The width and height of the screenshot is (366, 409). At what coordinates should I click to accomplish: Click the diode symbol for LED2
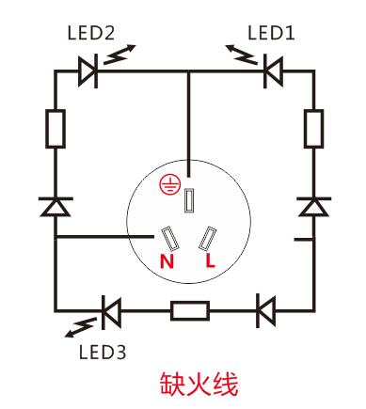(89, 70)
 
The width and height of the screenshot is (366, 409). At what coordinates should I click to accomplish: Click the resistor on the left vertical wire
(55, 128)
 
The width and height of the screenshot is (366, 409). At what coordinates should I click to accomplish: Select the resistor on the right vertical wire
(313, 128)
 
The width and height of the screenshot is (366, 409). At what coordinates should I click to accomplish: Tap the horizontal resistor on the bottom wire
(189, 309)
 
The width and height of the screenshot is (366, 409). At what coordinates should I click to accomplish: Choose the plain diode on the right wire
(313, 207)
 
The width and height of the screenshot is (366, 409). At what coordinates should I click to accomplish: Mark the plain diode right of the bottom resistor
(265, 309)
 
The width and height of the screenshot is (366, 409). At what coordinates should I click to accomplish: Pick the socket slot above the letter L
(209, 239)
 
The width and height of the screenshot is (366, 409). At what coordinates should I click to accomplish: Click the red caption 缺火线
(201, 384)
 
